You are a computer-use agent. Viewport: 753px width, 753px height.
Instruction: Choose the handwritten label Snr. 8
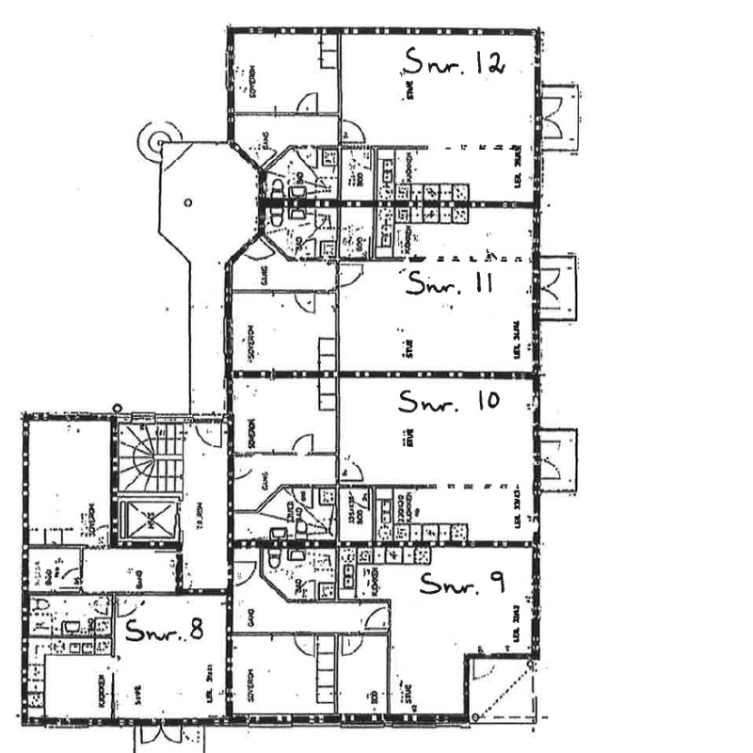point(165,632)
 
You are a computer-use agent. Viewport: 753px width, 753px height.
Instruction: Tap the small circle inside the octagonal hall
point(188,201)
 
